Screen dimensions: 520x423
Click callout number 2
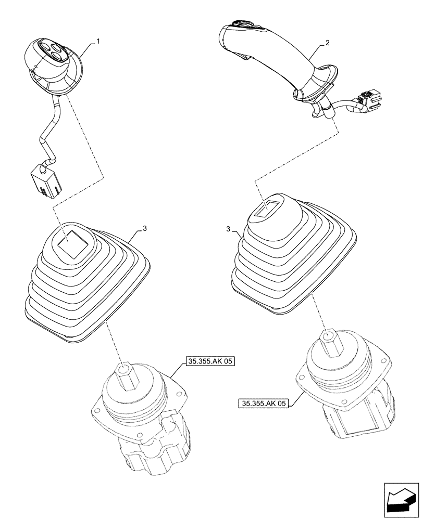[327, 44]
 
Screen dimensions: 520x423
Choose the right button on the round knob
[57, 53]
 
